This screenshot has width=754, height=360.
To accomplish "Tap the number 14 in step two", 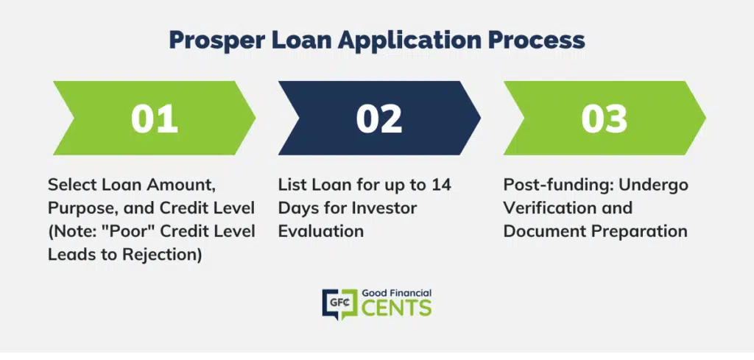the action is tap(442, 185).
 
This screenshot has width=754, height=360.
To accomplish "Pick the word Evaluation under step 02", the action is tap(321, 231).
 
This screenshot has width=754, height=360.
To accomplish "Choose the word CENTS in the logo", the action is tap(396, 308).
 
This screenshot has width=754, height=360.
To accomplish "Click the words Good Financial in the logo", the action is tap(396, 292).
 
